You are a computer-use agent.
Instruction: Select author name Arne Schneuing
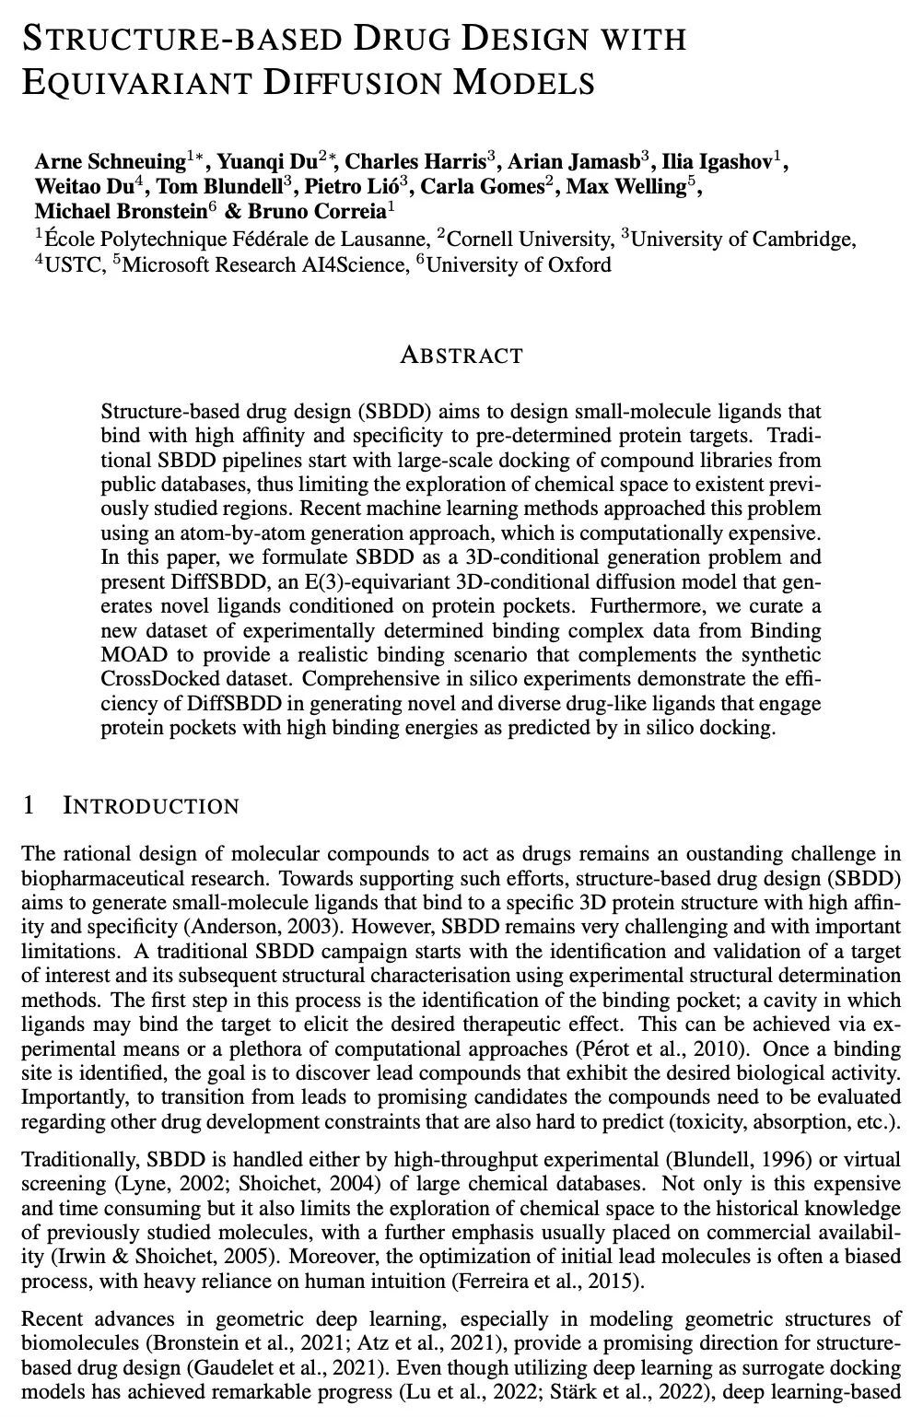click(110, 163)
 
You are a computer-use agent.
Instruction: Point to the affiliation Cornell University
click(529, 240)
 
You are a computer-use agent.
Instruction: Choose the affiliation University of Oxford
click(519, 265)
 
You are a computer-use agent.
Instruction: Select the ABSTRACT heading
click(461, 355)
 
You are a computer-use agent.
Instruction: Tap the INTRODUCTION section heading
click(150, 806)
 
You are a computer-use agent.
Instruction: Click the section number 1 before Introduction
click(29, 806)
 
